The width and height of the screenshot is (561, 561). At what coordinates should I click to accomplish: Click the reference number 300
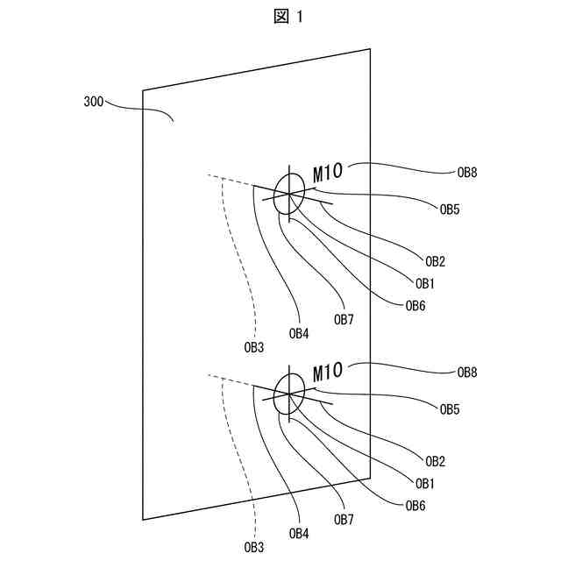[94, 103]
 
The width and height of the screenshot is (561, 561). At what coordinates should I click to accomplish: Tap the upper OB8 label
[467, 173]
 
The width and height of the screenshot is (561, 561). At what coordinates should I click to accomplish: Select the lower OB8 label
[467, 373]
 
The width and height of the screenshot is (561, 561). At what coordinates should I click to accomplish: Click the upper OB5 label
[450, 209]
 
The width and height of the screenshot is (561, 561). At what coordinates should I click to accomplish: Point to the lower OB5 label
[450, 409]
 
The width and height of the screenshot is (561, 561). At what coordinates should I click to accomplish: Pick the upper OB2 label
[436, 261]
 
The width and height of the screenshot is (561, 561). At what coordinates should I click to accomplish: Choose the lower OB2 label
[436, 461]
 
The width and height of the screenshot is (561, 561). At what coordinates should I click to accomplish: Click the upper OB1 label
[425, 284]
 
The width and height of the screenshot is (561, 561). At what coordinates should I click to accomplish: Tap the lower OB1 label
[425, 484]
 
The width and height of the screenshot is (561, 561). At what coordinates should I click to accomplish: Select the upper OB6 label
[415, 306]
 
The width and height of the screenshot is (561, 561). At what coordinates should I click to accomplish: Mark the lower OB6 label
[415, 506]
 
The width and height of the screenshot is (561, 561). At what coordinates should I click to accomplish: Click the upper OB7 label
[344, 320]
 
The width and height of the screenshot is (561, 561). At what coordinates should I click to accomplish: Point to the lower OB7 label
[344, 520]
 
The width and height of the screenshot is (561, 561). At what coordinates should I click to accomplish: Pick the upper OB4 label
[299, 333]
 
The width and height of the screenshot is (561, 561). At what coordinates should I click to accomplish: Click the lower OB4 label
[299, 533]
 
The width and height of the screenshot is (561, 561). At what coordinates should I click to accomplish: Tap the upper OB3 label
[253, 348]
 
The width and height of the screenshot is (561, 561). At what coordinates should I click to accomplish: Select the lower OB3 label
[253, 548]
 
